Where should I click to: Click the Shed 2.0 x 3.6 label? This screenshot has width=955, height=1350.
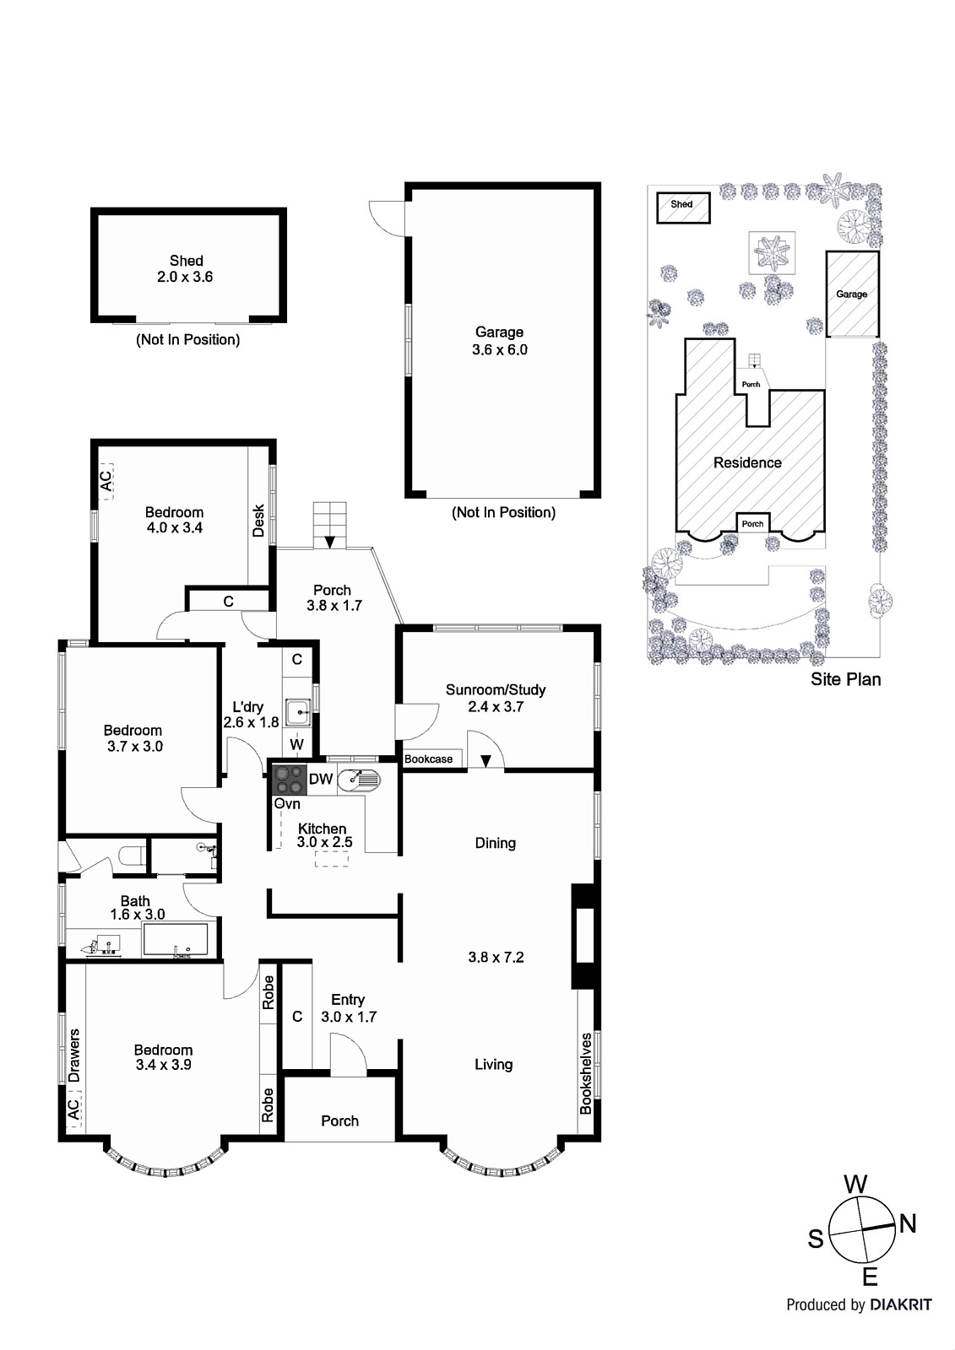tap(186, 269)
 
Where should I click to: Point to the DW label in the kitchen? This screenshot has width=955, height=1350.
tap(321, 780)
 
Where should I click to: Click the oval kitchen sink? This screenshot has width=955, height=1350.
tap(358, 780)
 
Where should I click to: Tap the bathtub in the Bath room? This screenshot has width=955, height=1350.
tap(176, 940)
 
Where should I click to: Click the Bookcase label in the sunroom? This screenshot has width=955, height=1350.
tap(429, 759)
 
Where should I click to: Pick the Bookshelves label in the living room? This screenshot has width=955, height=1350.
tap(586, 1072)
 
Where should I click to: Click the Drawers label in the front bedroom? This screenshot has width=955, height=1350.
tap(74, 1055)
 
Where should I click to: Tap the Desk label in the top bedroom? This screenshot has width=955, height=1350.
tap(259, 521)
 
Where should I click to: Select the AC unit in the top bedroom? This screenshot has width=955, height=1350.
tap(106, 481)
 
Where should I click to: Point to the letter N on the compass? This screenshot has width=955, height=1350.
tap(908, 1223)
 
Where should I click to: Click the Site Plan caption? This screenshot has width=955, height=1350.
tap(845, 679)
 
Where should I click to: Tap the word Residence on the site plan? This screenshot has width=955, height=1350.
tap(747, 462)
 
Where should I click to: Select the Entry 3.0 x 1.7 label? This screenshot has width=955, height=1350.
tap(348, 1008)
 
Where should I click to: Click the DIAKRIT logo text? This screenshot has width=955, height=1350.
tap(900, 1304)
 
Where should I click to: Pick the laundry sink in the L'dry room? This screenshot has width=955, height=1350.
tap(298, 713)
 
